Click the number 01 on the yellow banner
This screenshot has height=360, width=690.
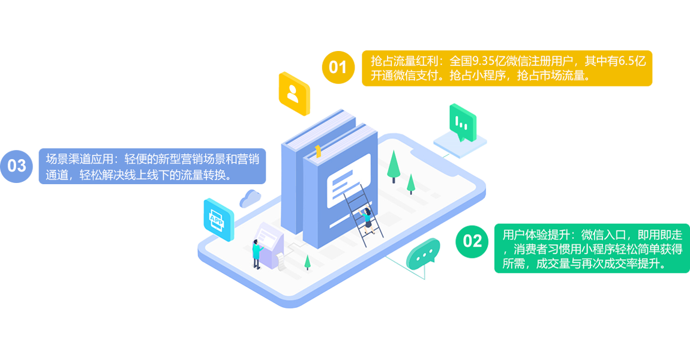338,67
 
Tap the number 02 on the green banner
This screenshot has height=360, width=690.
473,241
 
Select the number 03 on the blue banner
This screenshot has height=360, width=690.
17,166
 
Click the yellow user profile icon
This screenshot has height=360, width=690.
293,94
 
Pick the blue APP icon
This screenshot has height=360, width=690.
217,219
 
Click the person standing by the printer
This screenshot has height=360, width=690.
257,253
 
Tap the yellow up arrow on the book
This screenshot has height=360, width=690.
318,151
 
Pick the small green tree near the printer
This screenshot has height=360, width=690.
308,262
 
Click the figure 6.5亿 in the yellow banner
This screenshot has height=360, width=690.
630,61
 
